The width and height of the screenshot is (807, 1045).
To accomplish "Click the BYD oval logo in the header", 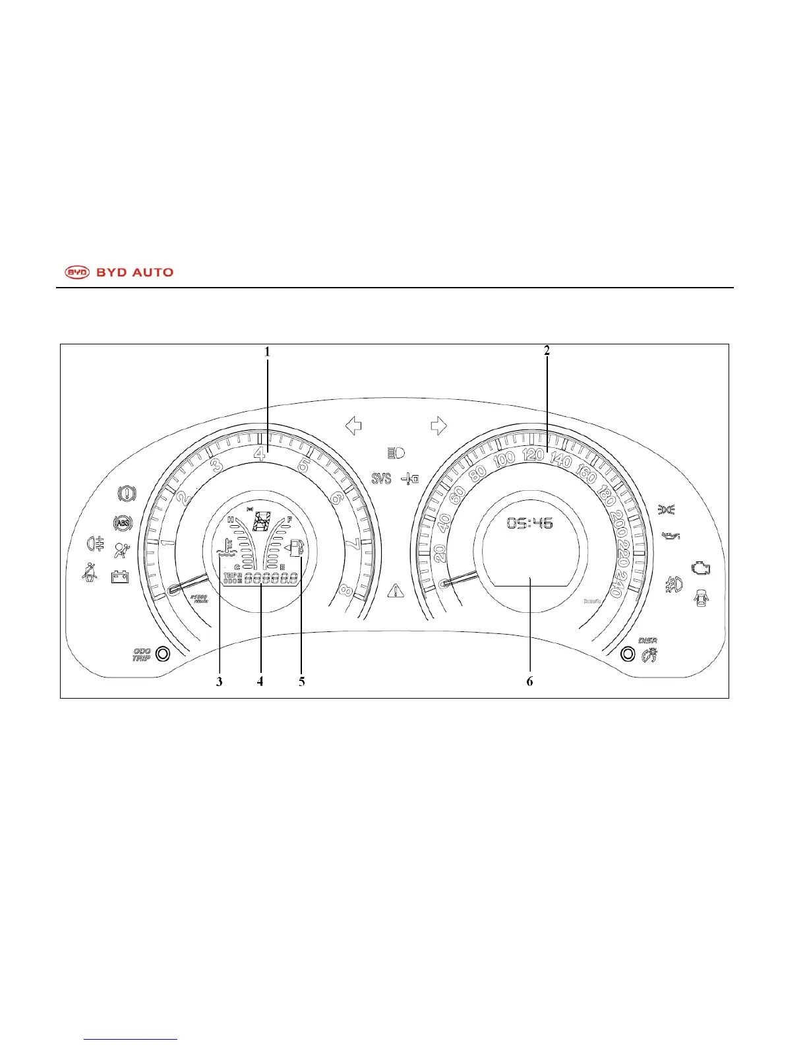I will click(77, 272).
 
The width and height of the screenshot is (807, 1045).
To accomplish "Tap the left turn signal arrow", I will click(354, 426).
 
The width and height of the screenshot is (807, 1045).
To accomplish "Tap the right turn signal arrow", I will click(438, 426).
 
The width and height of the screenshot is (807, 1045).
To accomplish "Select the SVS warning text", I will click(381, 478).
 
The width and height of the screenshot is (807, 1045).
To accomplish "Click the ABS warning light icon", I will click(123, 523).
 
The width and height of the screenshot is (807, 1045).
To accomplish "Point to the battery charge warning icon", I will click(120, 576).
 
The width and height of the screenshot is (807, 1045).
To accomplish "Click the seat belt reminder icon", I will click(89, 572).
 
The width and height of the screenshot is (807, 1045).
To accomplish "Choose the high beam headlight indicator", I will click(396, 453).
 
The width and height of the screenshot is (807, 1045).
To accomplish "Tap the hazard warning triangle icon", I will click(396, 590).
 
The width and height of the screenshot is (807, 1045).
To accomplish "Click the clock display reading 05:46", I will click(529, 524).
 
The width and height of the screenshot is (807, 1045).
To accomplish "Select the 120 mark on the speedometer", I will click(533, 454).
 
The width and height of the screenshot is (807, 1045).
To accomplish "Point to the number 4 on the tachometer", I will click(260, 453).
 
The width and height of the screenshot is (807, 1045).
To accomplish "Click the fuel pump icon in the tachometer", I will click(296, 548).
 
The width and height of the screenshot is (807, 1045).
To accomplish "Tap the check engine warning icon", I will click(700, 567).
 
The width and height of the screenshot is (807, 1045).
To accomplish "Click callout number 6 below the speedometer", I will click(529, 681).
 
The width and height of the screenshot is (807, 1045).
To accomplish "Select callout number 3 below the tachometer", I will click(220, 681).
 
